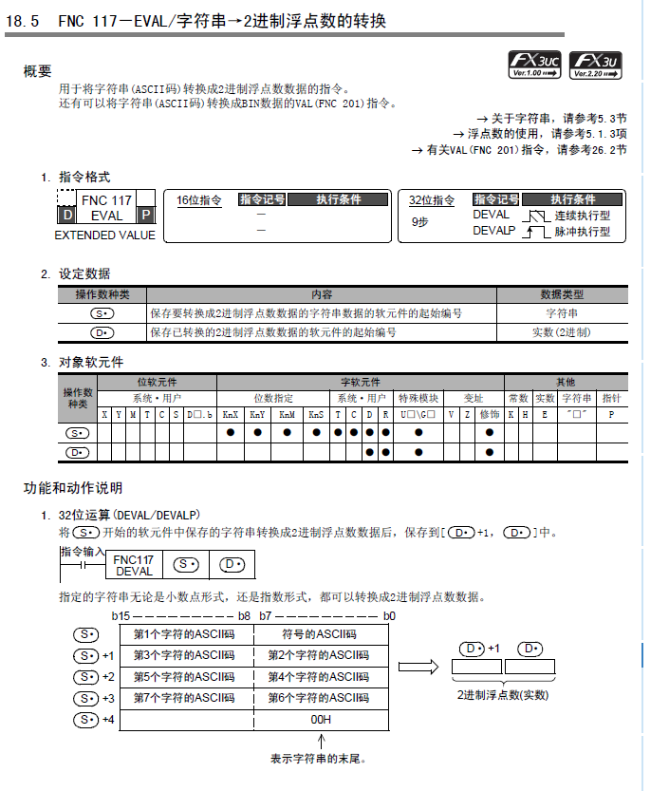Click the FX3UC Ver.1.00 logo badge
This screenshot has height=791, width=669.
point(535,64)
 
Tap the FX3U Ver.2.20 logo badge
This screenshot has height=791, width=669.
point(597,64)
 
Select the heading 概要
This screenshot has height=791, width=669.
point(37,71)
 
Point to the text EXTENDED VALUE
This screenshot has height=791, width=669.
point(104,235)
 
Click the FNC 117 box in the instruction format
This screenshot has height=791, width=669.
point(106,200)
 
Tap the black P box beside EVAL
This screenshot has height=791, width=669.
point(146,216)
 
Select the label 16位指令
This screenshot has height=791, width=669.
point(199,200)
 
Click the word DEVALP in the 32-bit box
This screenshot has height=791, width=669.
point(493,231)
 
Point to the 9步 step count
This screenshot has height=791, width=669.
point(419,221)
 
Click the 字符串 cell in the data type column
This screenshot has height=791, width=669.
point(562,312)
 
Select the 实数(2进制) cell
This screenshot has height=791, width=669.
point(562,332)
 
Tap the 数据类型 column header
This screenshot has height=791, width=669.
point(562,294)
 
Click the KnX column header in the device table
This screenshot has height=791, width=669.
point(231,415)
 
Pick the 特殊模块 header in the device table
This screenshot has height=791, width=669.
point(418,399)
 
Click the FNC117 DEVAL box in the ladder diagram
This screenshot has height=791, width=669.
point(134,566)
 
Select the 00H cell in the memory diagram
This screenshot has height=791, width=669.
point(321,720)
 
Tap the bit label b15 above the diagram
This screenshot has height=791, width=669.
point(121,616)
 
